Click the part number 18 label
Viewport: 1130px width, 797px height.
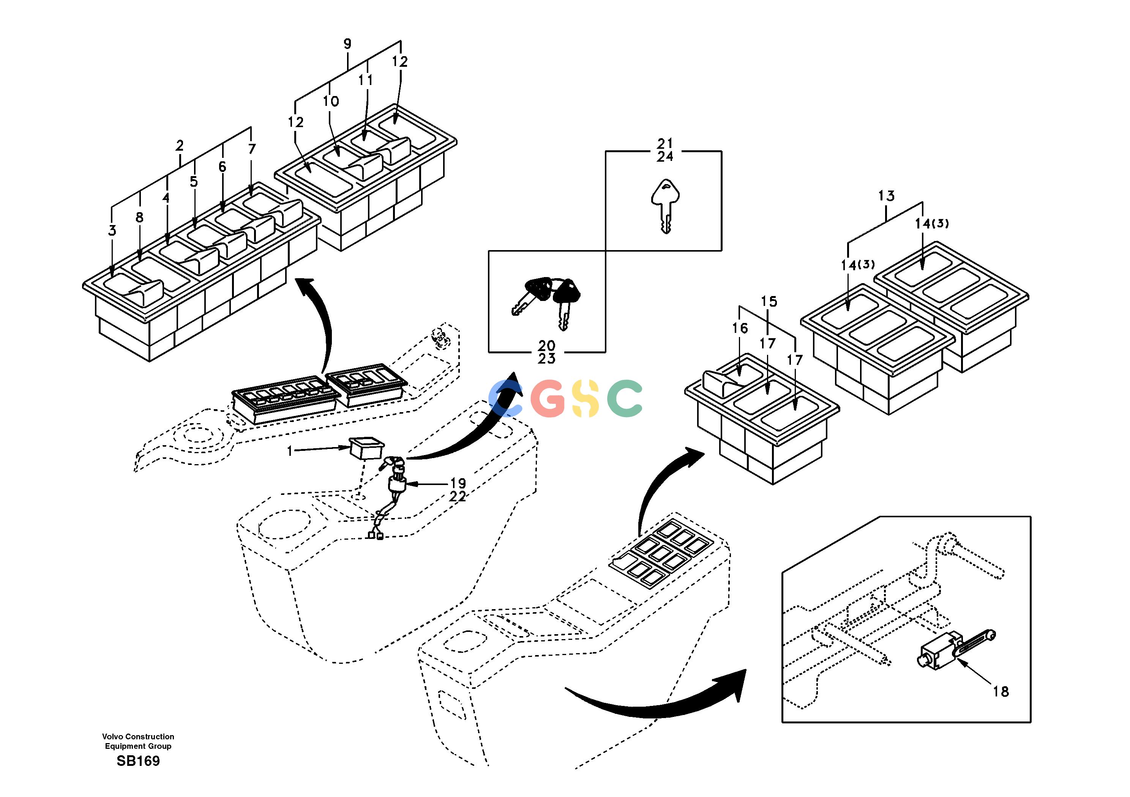1001,692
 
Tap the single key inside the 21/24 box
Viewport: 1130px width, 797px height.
665,206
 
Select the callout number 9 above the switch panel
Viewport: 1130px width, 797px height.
347,44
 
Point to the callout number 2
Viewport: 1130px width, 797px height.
180,146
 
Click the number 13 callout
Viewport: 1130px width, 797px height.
886,196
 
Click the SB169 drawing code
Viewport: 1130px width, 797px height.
138,761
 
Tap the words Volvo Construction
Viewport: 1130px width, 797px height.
138,737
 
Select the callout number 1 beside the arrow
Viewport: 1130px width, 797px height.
290,450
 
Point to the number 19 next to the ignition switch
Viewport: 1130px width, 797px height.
458,483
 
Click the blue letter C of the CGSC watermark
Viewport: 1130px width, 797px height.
505,398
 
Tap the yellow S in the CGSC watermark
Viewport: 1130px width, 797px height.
585,398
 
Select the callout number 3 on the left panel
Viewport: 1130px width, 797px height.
112,230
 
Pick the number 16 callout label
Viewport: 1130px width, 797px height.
740,328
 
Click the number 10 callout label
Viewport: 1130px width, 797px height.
331,101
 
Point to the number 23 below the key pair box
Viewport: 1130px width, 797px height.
547,359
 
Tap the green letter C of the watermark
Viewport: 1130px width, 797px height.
625,398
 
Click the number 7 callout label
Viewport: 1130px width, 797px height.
252,148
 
